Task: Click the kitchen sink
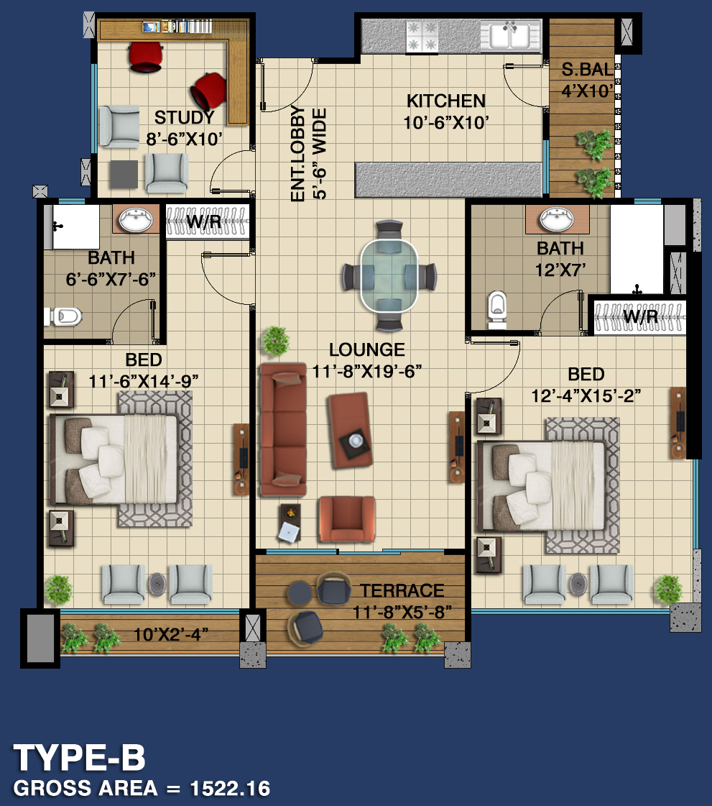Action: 511,36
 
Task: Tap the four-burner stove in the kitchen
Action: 422,36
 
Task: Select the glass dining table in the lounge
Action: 389,276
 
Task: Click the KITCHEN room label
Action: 446,101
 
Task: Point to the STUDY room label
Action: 185,118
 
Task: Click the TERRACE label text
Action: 402,591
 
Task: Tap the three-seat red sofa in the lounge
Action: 283,429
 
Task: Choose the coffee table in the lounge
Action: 349,430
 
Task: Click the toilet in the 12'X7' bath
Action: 496,309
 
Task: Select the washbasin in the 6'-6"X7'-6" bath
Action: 136,219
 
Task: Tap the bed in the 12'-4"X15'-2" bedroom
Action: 542,486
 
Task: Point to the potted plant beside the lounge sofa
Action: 275,340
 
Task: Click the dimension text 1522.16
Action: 230,789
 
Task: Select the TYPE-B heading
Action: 80,758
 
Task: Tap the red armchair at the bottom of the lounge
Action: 347,519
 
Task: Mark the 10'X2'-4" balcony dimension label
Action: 171,635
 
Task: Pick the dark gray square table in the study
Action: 124,175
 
